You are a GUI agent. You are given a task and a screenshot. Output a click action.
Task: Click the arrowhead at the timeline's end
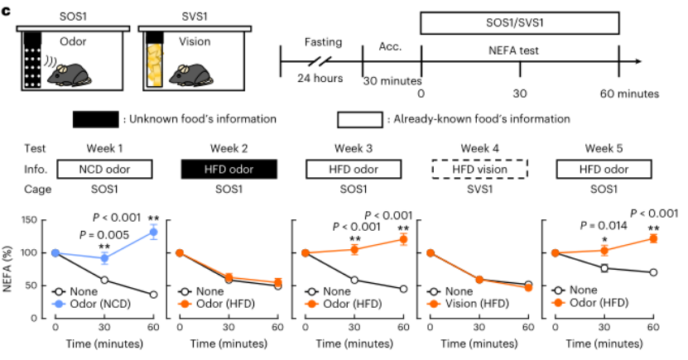[638, 60]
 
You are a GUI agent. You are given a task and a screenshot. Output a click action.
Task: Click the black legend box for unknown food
[94, 119]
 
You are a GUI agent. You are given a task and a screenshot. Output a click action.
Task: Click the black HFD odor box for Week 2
[228, 169]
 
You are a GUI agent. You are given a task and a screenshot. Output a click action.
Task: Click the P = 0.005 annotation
[107, 235]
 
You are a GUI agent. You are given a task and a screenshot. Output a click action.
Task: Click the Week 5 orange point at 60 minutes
[653, 238]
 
